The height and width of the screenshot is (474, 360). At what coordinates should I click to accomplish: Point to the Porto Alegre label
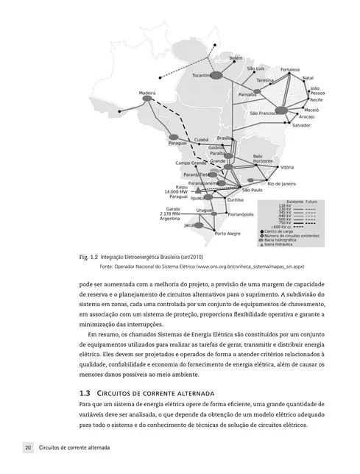pyautogui.click(x=227, y=233)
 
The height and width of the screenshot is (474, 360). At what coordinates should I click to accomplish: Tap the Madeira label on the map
pyautogui.click(x=147, y=93)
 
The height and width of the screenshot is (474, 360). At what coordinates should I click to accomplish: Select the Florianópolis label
pyautogui.click(x=241, y=214)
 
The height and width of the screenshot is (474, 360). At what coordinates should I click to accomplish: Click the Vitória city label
pyautogui.click(x=287, y=167)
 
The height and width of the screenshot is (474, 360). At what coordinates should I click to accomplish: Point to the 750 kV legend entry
pyautogui.click(x=283, y=222)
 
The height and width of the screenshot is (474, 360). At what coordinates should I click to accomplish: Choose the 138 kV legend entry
pyautogui.click(x=283, y=205)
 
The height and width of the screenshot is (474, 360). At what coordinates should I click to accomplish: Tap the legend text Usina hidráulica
pyautogui.click(x=278, y=244)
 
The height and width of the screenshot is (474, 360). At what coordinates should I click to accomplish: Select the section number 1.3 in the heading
pyautogui.click(x=83, y=393)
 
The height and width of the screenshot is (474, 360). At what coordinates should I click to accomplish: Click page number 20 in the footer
pyautogui.click(x=27, y=447)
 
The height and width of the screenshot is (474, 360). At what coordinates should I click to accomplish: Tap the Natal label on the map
pyautogui.click(x=308, y=77)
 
